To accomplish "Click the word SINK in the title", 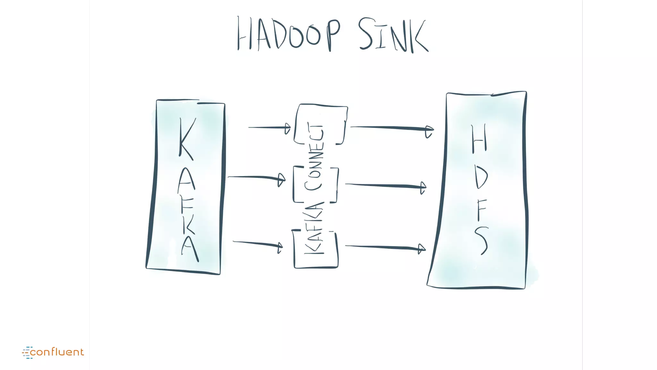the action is [x=393, y=35].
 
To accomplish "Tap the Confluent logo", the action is [x=53, y=352].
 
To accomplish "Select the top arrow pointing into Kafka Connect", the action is [x=269, y=128].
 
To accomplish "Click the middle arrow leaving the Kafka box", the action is [x=257, y=177].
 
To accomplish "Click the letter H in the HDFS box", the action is [x=479, y=139].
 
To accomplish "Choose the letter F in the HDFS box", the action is [x=481, y=210].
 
